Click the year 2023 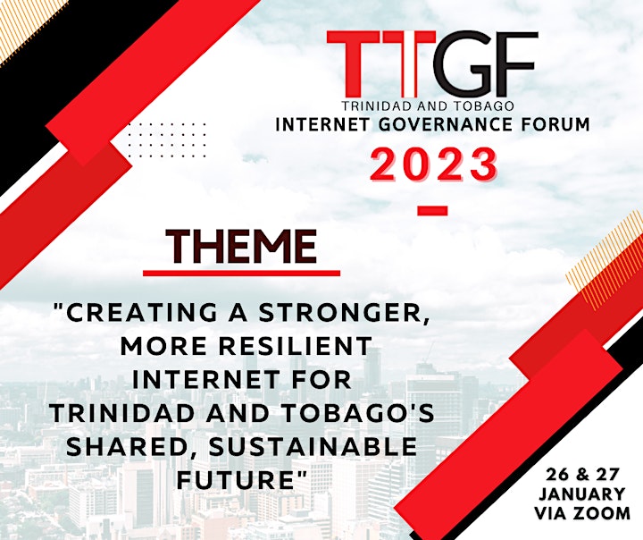[x=435, y=165]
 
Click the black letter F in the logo [x=517, y=64]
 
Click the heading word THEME [x=241, y=247]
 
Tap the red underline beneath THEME [x=241, y=273]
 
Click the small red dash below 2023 [x=432, y=211]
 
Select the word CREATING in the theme [x=141, y=313]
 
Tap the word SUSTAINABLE [x=313, y=446]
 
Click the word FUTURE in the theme [x=238, y=479]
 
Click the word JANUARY [x=582, y=494]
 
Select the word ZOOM [x=606, y=513]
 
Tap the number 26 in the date [x=556, y=475]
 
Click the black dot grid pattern [x=166, y=139]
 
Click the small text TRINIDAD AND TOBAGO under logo [x=428, y=106]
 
